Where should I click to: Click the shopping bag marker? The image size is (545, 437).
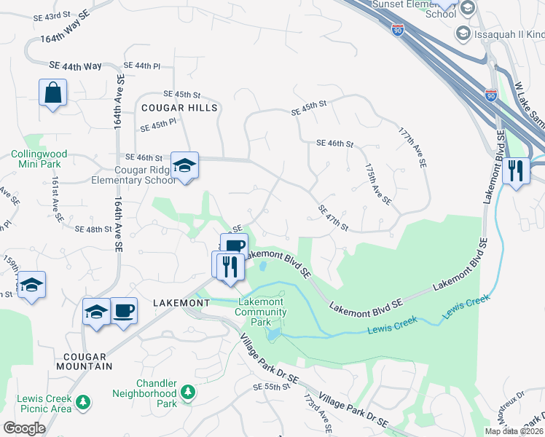pos(53,93)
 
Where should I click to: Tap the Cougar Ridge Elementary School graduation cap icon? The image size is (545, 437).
pos(185,166)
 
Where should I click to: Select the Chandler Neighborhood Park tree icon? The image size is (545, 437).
pos(188,393)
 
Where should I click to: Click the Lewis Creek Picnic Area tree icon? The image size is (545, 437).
pos(84,401)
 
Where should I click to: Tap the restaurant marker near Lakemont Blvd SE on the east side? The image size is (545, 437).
pos(516,171)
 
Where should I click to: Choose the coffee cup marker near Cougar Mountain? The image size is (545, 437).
pos(123,312)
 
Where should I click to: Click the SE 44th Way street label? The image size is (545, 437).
pos(75,66)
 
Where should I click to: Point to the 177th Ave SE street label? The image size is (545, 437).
pos(412,148)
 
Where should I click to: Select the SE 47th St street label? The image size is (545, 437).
pos(333,219)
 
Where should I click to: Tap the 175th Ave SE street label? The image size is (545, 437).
pos(378,184)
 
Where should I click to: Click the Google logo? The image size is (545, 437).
pos(24,428)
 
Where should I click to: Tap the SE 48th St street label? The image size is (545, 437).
pos(93,229)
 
